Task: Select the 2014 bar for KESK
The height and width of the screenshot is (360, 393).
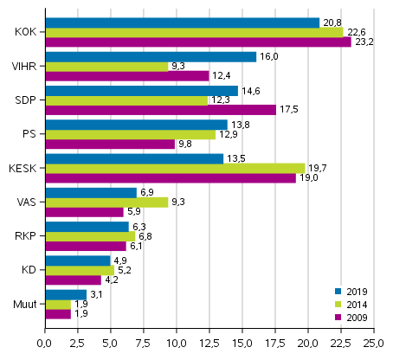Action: pos(174,168)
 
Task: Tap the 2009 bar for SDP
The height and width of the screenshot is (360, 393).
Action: pos(160,110)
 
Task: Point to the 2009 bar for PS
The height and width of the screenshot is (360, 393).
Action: pos(109,144)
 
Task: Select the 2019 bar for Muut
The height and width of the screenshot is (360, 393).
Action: pos(65,294)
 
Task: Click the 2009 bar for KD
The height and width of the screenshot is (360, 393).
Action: pos(73,280)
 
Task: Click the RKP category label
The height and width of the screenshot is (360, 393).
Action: pos(25,236)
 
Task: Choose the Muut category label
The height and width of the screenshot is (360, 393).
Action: pos(24,304)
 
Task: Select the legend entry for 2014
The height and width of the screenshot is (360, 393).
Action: pos(354,305)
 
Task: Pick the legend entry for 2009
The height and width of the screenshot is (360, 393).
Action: pos(354,318)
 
